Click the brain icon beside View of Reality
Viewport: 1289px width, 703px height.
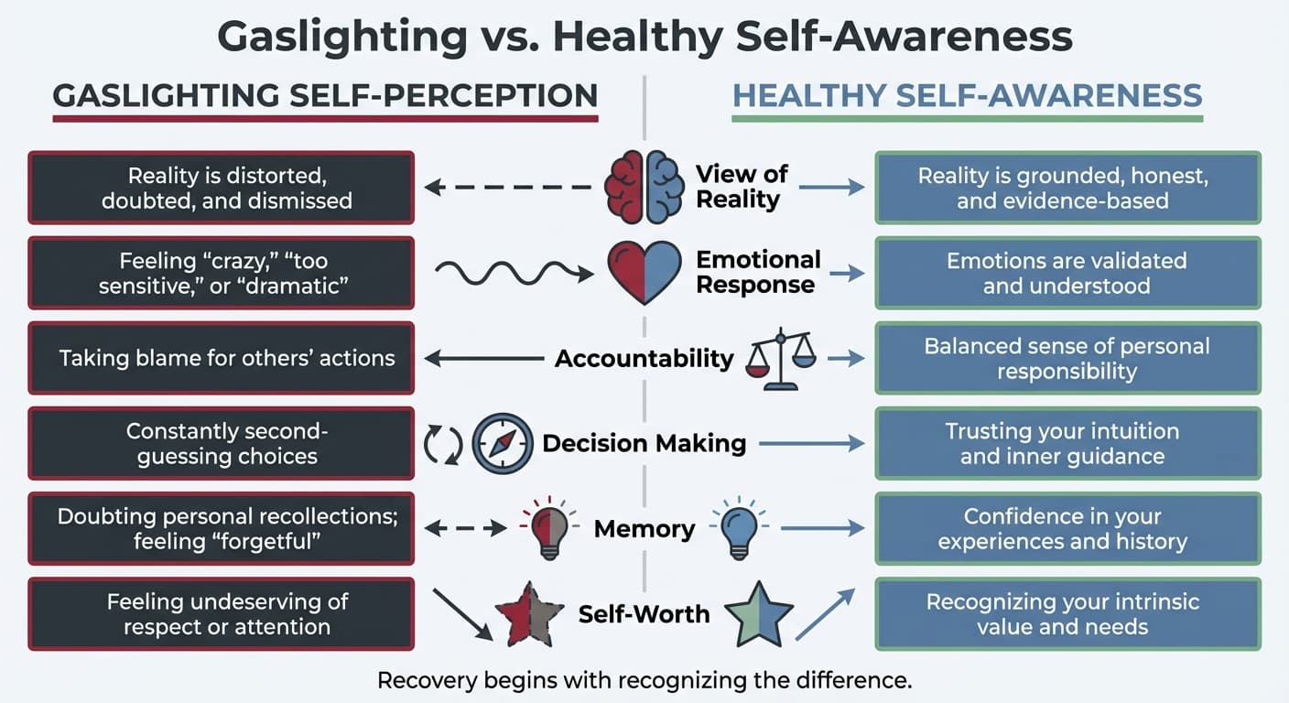click(x=644, y=187)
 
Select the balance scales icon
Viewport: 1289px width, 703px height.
click(x=781, y=359)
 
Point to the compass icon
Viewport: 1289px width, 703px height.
click(x=502, y=444)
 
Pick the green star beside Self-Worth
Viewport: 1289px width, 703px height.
click(x=758, y=614)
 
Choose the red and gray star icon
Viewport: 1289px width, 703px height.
click(x=529, y=614)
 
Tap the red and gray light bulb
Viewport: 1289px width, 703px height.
click(x=549, y=529)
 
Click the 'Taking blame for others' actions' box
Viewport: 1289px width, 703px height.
click(x=222, y=358)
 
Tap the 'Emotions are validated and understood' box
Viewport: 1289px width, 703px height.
click(x=1067, y=273)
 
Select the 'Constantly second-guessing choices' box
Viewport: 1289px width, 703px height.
click(x=222, y=444)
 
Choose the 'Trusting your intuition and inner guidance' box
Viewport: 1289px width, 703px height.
click(x=1067, y=444)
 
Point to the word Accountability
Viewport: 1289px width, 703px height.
click(x=644, y=358)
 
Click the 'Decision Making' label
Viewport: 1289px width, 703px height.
click(x=644, y=444)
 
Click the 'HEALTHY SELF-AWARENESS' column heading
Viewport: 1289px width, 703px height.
click(x=967, y=96)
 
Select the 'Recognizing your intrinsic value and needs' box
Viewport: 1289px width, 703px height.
click(x=1067, y=614)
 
